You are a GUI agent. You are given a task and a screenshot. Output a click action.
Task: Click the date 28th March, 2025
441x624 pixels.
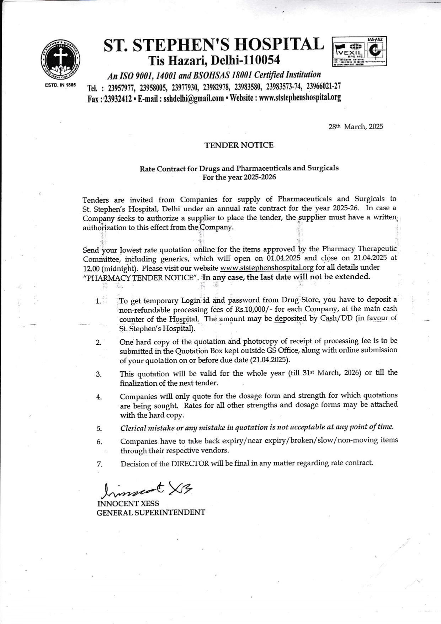pyautogui.click(x=356, y=127)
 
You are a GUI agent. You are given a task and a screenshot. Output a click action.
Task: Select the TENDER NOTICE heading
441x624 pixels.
pyautogui.click(x=239, y=145)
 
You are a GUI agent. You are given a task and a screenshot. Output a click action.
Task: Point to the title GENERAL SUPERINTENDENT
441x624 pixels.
pyautogui.click(x=151, y=513)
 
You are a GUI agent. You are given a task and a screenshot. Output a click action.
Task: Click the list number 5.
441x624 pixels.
pyautogui.click(x=99, y=428)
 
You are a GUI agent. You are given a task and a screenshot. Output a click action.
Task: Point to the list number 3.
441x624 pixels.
pyautogui.click(x=99, y=374)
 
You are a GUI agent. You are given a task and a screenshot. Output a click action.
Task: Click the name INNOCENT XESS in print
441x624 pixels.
pyautogui.click(x=128, y=503)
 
